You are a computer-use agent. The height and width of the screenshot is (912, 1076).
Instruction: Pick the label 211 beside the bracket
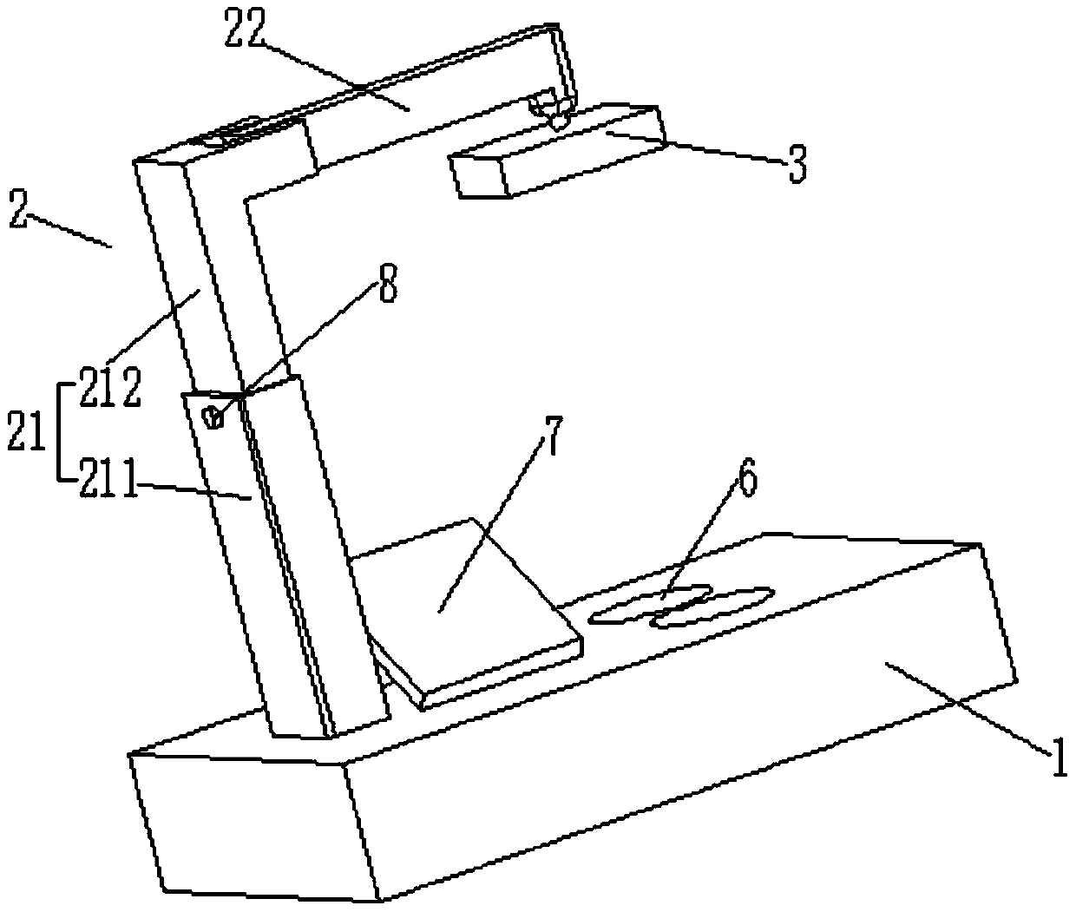pyautogui.click(x=109, y=482)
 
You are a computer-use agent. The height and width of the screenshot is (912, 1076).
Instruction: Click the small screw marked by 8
pyautogui.click(x=213, y=417)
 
